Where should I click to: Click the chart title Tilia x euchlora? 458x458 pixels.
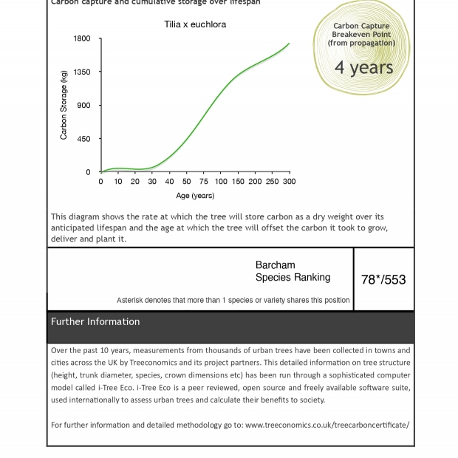[195, 24]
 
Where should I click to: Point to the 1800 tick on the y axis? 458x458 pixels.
[82, 38]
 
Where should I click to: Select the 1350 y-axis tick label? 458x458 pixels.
[82, 72]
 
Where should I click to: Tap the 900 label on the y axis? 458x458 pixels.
[84, 106]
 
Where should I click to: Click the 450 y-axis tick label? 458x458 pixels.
[84, 139]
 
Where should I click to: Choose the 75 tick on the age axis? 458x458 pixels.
[204, 182]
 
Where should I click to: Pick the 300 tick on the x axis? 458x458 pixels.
[289, 182]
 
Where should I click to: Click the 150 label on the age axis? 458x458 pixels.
[238, 182]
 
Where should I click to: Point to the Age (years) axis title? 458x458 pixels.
[195, 196]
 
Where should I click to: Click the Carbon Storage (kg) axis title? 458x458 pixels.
[64, 105]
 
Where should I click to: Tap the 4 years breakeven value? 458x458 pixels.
[363, 67]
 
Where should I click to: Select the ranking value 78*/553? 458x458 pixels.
[383, 280]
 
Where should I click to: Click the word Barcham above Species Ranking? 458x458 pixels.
[275, 265]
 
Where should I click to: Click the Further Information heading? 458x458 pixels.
[95, 322]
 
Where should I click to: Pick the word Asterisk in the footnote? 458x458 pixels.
[132, 301]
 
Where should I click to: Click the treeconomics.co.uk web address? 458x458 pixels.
[327, 425]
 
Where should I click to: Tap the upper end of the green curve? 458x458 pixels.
[289, 44]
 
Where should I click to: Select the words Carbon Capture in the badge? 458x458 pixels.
[361, 26]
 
